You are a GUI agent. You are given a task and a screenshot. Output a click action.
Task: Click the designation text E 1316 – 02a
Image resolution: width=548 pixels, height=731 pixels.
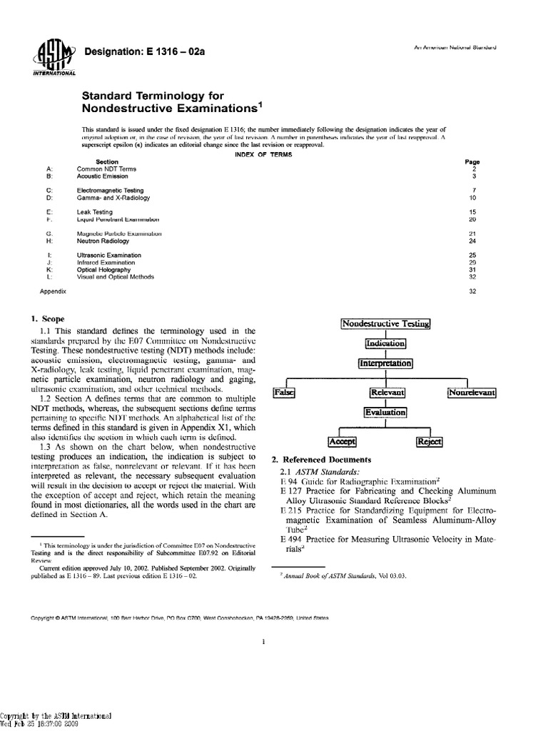coord(127,51)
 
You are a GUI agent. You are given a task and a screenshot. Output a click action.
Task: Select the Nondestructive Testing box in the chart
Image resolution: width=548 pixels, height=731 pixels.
coord(386,323)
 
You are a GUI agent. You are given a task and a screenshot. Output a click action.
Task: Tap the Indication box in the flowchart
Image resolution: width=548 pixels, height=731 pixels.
coord(385,343)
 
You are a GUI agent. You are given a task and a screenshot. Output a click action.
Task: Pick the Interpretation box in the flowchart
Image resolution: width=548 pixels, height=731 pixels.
coord(385,363)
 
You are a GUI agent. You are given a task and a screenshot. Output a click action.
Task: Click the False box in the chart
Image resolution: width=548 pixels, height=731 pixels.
coord(285,393)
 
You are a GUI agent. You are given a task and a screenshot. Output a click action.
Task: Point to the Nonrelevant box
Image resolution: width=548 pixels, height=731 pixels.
coord(472,393)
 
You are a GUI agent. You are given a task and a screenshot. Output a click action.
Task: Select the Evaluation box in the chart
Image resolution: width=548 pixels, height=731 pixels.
coord(385,413)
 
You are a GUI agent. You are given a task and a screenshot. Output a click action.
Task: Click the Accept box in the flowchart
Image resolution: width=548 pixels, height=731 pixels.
coord(341,442)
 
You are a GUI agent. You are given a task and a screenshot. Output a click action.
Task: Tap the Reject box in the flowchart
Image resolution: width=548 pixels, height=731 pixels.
coord(430,442)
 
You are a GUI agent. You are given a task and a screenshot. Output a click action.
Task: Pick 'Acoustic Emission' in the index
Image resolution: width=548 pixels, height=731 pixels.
coord(100,175)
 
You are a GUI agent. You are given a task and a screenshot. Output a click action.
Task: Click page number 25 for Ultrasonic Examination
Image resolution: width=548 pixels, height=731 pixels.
coord(472,255)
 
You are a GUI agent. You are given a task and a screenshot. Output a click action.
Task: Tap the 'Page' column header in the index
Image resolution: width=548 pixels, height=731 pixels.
coord(472,161)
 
